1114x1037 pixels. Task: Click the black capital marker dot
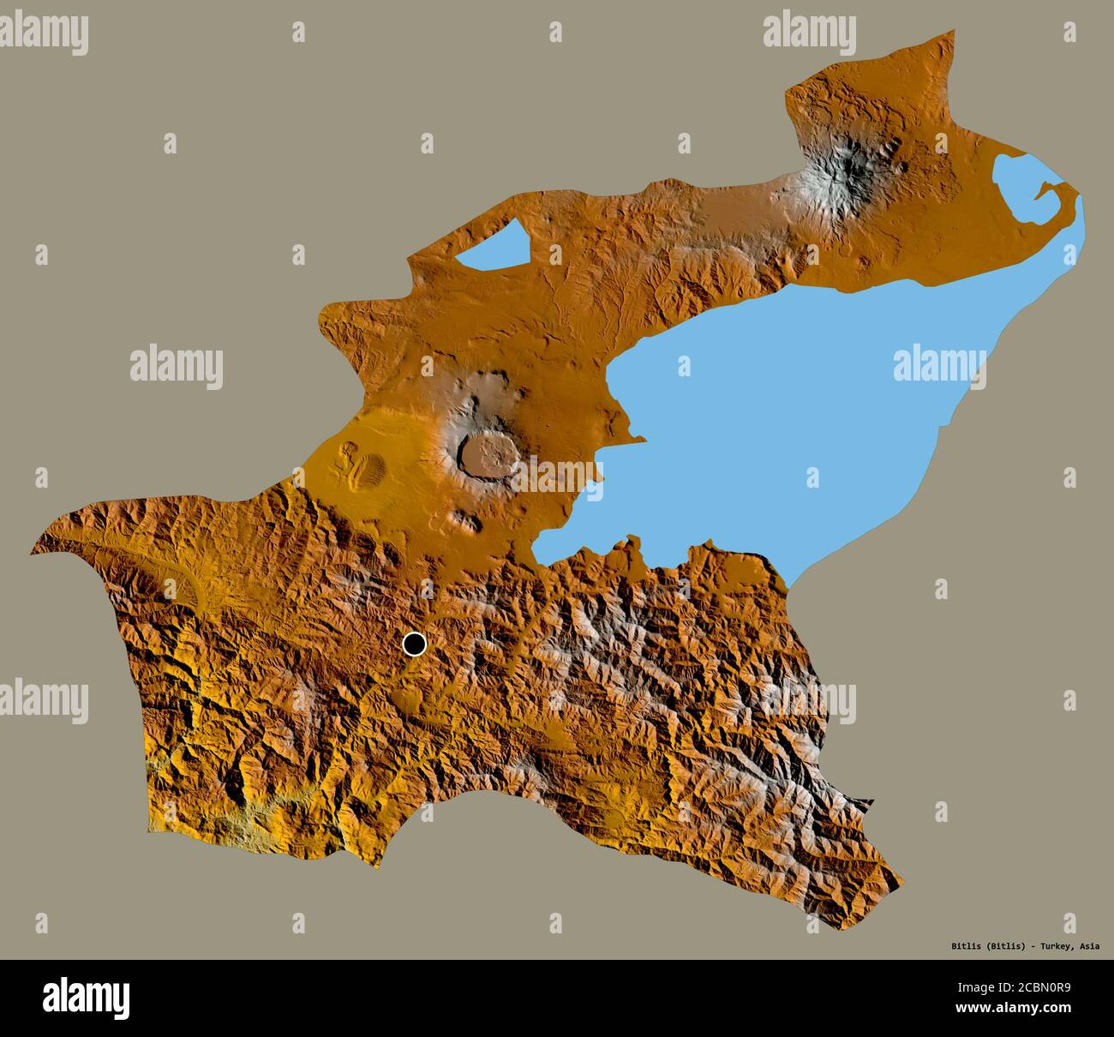coord(415,644)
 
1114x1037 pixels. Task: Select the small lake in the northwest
coord(492,247)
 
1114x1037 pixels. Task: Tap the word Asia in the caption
coord(1090,947)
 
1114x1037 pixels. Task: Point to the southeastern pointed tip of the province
coord(900,879)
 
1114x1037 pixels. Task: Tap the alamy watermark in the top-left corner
coord(45,33)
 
